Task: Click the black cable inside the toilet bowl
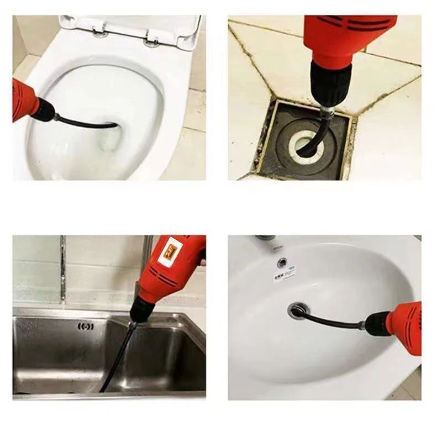88,122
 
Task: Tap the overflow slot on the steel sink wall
86,327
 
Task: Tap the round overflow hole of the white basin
283,262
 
